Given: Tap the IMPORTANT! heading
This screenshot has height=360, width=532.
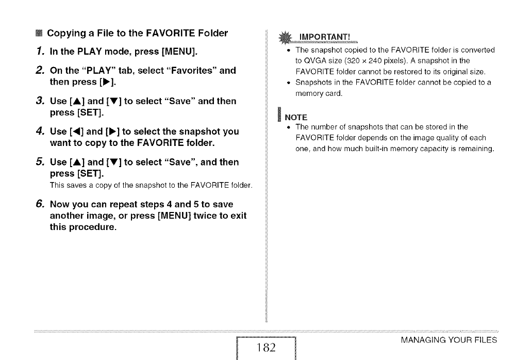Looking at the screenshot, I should tap(324, 37).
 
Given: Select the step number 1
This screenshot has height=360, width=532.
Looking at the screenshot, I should tap(39, 51).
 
